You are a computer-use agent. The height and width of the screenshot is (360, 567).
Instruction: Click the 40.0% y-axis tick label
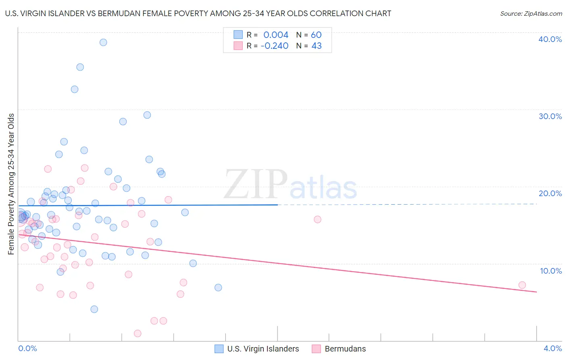(x=550, y=39)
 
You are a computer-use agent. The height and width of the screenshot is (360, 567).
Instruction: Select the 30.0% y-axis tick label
(x=550, y=116)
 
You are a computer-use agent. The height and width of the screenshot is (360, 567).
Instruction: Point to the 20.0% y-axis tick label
(x=550, y=193)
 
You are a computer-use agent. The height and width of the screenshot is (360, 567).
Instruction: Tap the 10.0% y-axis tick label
(x=551, y=271)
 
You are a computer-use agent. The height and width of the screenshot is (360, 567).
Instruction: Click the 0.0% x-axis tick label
(x=28, y=349)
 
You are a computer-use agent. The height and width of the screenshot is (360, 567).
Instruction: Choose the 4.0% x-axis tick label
(x=553, y=349)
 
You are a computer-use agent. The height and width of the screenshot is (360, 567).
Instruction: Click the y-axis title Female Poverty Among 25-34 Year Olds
(x=11, y=184)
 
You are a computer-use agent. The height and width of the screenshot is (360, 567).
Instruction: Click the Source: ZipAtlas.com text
(x=531, y=13)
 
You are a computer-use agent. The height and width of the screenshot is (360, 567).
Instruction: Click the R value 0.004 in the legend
(x=276, y=35)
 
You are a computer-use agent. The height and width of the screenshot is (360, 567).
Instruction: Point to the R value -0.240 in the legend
(x=275, y=46)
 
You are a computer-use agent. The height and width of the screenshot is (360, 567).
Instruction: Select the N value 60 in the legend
(x=316, y=35)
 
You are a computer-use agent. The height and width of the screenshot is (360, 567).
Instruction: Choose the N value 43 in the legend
(x=317, y=46)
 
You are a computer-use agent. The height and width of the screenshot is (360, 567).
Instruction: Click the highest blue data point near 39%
(x=103, y=42)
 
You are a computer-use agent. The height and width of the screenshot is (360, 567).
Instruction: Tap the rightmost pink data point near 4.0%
(x=522, y=285)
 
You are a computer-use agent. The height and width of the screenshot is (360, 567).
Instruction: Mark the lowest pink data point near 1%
(x=138, y=333)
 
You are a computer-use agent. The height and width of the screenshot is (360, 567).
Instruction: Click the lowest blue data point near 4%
(x=94, y=309)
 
